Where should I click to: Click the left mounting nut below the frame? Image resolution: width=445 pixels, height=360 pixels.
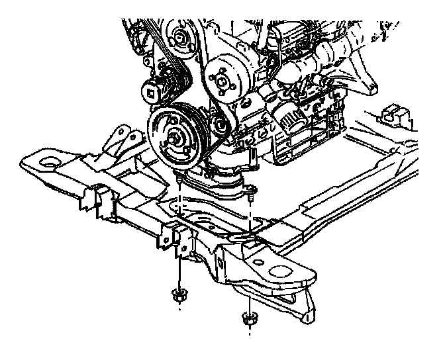(177, 296)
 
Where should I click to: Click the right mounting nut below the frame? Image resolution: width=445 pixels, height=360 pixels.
(250, 318)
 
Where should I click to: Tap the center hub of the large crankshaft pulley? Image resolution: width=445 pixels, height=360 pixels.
(177, 138)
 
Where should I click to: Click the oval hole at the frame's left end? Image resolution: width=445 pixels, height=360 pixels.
(48, 162)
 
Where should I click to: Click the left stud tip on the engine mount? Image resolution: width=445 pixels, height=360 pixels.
(179, 179)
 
